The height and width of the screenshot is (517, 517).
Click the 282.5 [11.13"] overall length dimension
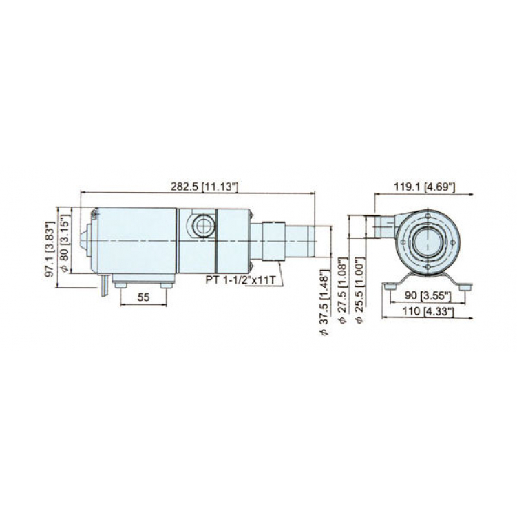tap(204, 187)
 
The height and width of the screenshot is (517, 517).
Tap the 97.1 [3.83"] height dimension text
tap(50, 249)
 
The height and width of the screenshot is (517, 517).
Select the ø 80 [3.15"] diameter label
tap(65, 243)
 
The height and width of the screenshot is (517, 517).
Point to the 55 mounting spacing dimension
tap(143, 297)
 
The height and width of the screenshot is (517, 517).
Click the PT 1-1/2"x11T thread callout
tap(240, 280)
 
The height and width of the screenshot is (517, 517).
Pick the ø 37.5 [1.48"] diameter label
tap(325, 302)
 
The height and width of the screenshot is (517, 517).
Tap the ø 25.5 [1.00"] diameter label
tap(360, 290)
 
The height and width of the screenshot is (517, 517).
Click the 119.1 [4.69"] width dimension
tap(425, 187)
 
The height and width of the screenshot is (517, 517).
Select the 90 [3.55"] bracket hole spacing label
tap(428, 296)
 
